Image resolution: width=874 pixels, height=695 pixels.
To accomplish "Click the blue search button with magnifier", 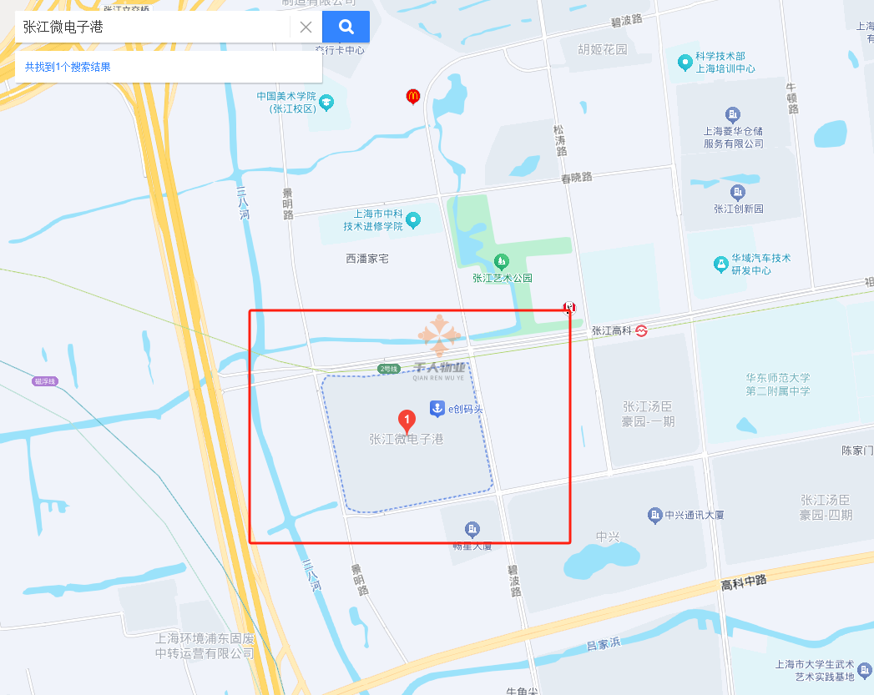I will [346, 27].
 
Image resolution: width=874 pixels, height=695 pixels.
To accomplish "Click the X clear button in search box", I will [306, 27].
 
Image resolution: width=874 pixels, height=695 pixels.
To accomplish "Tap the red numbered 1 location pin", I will [407, 420].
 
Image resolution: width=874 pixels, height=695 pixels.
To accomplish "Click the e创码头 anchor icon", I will [436, 408].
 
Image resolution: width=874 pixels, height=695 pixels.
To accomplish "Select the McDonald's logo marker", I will [412, 96].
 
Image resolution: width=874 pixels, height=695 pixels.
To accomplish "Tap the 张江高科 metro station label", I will [613, 330].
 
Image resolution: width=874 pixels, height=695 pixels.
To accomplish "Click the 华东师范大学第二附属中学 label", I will [778, 385].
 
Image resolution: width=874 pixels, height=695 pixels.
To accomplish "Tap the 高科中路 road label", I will [744, 582].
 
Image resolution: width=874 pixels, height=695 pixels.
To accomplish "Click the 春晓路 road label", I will [576, 178].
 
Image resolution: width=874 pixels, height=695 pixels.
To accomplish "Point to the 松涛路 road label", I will [560, 140].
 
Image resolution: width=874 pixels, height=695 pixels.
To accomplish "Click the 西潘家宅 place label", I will [367, 259].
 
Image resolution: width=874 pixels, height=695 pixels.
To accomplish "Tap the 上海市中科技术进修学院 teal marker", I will [412, 220].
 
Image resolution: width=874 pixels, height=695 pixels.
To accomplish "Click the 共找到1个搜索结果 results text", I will [68, 67].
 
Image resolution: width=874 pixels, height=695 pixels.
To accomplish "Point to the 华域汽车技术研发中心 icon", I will [720, 264].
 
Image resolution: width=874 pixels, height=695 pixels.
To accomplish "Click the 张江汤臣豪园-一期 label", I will [649, 414].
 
